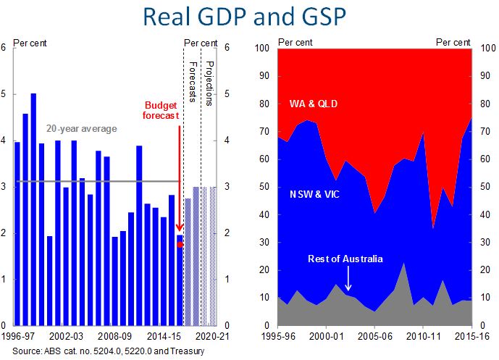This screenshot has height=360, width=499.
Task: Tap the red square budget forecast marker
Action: [180, 244]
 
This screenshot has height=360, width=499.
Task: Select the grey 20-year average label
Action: [82, 129]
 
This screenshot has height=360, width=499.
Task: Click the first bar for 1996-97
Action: [17, 233]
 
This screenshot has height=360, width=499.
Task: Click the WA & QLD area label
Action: [313, 104]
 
